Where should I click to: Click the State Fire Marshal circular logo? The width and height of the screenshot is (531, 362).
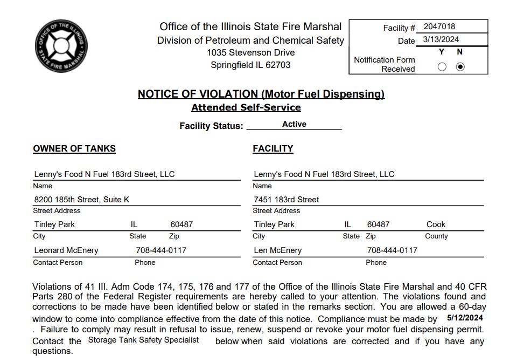tap(61, 46)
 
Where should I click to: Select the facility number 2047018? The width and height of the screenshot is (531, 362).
tap(439, 26)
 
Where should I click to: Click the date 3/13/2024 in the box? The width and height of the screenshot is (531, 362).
tap(441, 39)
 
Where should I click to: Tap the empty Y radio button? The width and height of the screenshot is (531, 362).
tap(442, 67)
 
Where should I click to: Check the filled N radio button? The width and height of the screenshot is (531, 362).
tap(460, 67)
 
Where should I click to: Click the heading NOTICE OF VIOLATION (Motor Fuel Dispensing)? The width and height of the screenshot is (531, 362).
tap(261, 94)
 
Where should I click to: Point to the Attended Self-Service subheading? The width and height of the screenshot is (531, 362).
tap(246, 107)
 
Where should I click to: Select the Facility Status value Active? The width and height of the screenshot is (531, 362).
tap(294, 124)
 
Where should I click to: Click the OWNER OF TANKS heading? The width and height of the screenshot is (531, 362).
tap(74, 148)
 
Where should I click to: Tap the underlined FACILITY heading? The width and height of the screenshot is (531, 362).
tap(273, 148)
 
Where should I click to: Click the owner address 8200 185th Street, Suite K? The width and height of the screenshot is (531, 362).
tap(82, 199)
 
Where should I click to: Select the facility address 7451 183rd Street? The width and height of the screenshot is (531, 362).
tap(287, 199)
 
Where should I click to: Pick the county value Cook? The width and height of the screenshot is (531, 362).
tap(436, 224)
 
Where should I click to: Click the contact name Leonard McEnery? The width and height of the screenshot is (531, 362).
tap(66, 250)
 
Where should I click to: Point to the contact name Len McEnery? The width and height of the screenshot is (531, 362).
tap(277, 250)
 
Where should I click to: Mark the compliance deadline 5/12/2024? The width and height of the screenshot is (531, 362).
tap(465, 318)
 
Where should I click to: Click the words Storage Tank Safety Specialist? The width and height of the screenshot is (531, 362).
tap(143, 340)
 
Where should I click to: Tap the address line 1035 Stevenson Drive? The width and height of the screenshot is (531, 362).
tap(250, 53)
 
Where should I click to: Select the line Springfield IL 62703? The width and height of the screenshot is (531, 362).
tap(250, 65)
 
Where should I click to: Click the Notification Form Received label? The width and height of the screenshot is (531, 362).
tap(385, 64)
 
